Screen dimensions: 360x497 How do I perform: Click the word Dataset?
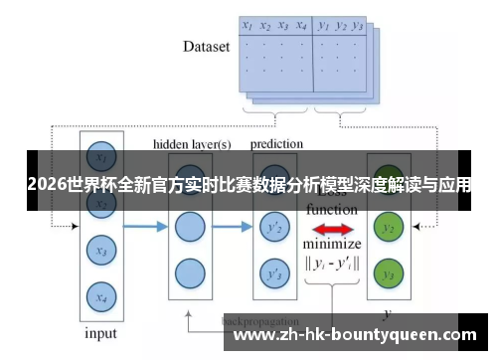tap(207, 46)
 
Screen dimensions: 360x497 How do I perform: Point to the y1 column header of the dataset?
tap(323, 25)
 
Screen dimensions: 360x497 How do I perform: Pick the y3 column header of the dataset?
tap(358, 25)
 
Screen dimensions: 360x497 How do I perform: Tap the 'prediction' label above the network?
tap(276, 144)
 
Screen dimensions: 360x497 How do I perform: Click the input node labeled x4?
tap(99, 295)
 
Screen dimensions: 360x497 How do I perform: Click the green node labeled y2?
tap(389, 228)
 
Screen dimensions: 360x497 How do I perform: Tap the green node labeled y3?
tap(389, 271)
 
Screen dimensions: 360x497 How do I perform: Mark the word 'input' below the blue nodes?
tap(99, 333)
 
